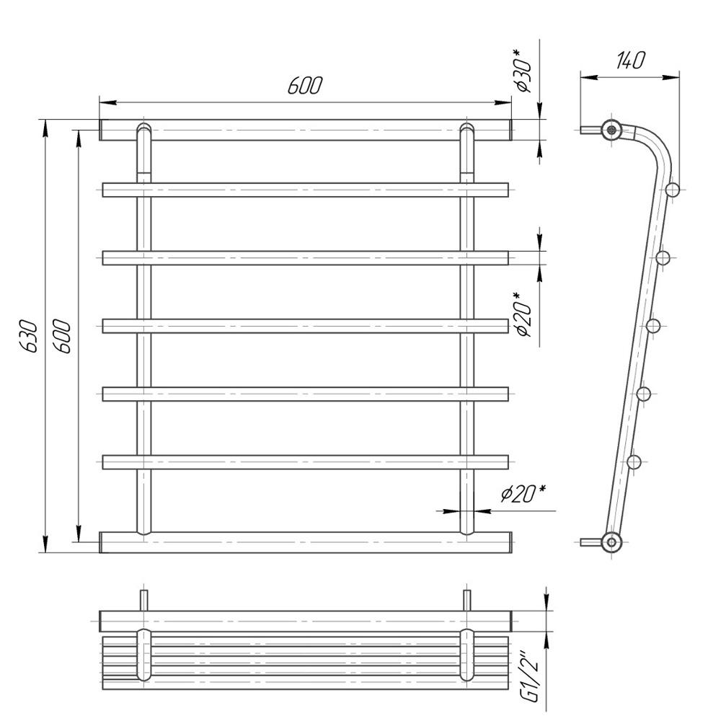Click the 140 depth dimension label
pyautogui.click(x=630, y=61)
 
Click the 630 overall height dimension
pyautogui.click(x=29, y=336)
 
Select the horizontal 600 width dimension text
pyautogui.click(x=305, y=85)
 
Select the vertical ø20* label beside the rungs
pyautogui.click(x=523, y=314)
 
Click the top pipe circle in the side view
pyautogui.click(x=611, y=130)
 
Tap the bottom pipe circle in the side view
pyautogui.click(x=611, y=542)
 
